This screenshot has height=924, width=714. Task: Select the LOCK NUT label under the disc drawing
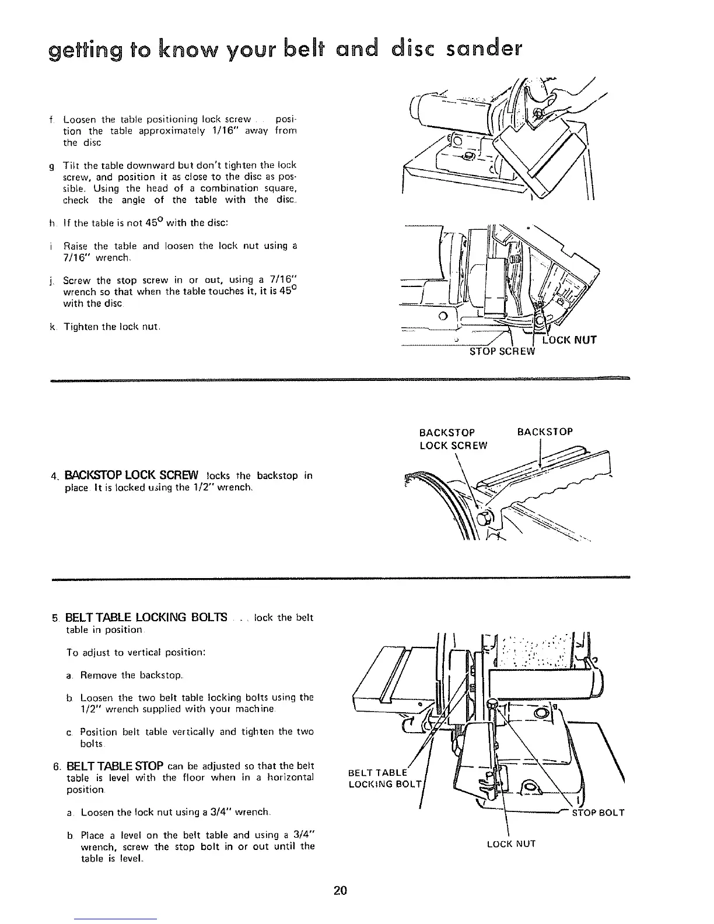[569, 339]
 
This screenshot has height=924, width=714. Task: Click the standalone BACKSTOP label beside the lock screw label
[545, 432]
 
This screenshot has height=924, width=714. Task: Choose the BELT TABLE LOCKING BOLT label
[382, 779]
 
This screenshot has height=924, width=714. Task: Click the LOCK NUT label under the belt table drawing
[512, 843]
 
